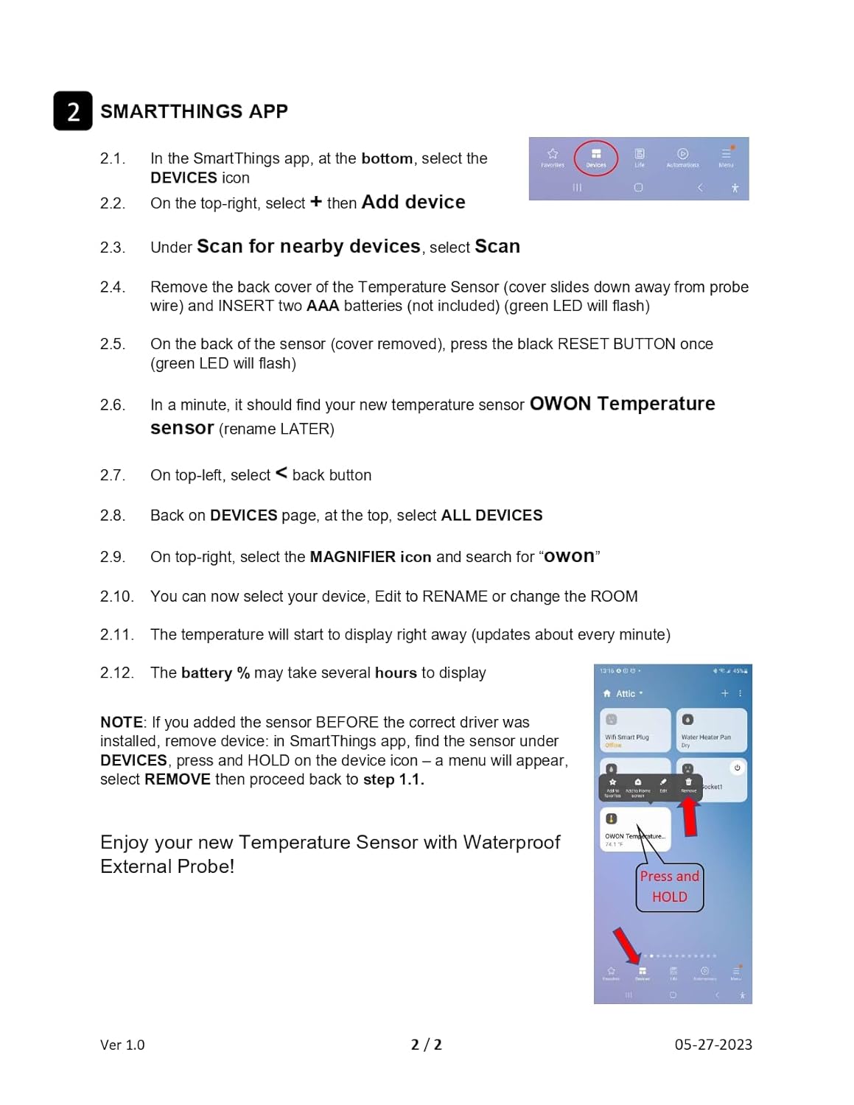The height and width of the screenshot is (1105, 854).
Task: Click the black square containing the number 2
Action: [73, 111]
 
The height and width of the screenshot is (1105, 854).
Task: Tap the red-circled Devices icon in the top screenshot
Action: [596, 157]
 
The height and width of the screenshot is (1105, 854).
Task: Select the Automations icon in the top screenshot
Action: [682, 156]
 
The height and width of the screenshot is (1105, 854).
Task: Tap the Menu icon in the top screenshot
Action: [727, 156]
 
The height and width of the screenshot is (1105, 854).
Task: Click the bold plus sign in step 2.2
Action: [316, 202]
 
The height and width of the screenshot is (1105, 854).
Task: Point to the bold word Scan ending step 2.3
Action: [497, 246]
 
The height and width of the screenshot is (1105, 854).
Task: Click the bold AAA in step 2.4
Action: [323, 306]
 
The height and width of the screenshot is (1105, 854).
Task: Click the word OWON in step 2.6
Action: [560, 404]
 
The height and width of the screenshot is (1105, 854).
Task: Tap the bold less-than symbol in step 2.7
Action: [281, 474]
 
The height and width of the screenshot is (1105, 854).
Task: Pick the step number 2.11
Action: [116, 635]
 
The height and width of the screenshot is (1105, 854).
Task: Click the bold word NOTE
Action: [122, 723]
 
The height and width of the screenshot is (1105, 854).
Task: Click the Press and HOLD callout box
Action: [669, 887]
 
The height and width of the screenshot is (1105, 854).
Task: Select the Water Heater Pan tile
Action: [710, 730]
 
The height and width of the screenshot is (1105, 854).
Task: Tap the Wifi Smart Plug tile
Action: [634, 730]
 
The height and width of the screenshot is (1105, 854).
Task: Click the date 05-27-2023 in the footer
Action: [713, 1045]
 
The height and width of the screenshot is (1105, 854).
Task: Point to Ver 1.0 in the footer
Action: [122, 1045]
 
